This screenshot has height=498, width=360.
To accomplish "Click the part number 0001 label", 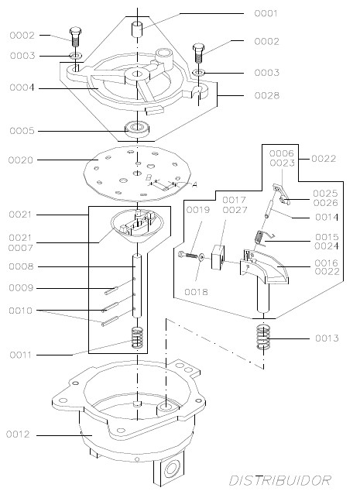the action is point(266,13).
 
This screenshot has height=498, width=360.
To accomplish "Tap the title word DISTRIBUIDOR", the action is point(280,480).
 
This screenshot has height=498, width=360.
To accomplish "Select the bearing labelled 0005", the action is point(137,129).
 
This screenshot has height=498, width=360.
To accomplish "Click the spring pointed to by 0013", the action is point(263,338).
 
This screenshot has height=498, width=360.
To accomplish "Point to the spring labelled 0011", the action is point(138,338).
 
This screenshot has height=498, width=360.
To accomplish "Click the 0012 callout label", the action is point(18,434).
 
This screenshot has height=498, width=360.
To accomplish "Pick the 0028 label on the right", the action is point(267,95).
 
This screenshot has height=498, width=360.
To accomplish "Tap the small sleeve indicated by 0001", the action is point(138,29).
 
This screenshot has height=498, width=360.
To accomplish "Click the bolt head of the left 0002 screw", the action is point(75,32).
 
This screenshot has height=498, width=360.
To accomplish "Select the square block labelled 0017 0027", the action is point(218,257).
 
